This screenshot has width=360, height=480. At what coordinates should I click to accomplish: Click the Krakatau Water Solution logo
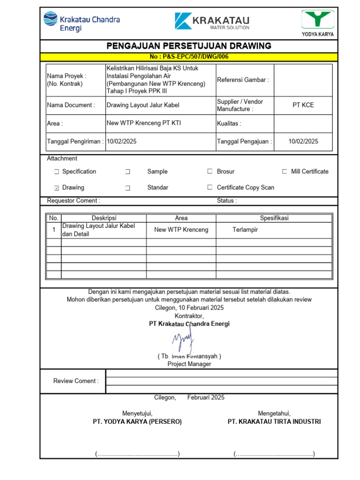tap(212, 22)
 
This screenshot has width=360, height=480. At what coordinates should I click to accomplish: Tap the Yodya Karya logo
tap(317, 23)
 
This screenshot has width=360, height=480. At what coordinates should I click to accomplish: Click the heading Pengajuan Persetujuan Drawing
tap(189, 46)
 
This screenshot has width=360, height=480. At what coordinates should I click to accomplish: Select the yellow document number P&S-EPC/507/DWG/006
tap(189, 57)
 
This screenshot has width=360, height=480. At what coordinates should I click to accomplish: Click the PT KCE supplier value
tap(303, 105)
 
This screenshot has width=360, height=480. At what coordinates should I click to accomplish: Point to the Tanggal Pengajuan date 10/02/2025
tap(303, 141)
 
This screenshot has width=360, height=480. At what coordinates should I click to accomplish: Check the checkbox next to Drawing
tap(56, 188)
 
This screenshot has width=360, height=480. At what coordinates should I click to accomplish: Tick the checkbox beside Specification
tap(56, 172)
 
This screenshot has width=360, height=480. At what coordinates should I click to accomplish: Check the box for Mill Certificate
tap(285, 172)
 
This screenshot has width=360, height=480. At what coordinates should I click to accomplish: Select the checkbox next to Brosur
tap(210, 172)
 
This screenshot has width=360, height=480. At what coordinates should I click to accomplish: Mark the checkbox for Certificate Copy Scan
tap(210, 187)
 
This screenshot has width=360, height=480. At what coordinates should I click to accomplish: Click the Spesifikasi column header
tap(274, 218)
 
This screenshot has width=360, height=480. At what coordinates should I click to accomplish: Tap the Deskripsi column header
tap(104, 218)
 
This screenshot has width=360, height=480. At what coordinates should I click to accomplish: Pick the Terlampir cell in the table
tap(245, 230)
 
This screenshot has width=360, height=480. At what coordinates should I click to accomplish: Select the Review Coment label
tap(76, 381)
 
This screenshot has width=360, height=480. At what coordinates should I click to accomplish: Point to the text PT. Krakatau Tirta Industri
tap(274, 422)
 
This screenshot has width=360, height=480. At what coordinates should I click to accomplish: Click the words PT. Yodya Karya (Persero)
tap(137, 422)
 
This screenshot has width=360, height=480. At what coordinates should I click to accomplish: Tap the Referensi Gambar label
tap(243, 80)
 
